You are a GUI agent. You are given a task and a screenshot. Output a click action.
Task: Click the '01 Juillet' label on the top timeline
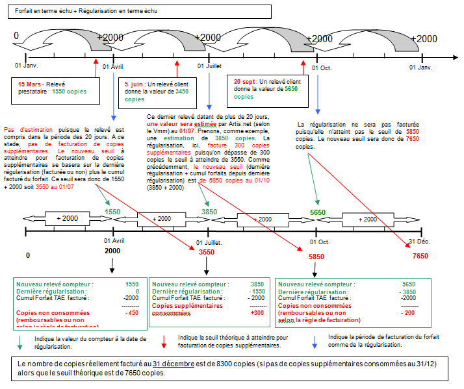pos(213,66)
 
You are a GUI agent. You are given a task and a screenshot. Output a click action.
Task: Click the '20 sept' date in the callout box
pos(245,81)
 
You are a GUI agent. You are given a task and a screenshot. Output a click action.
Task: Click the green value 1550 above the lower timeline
pos(113,212)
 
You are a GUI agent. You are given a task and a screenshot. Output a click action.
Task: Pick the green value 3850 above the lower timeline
pos(209,212)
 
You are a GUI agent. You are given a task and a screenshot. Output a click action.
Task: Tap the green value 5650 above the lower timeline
pos(318,212)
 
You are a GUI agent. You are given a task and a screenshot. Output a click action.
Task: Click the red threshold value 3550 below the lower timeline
pos(207,252)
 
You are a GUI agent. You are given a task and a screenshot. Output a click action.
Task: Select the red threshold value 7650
pos(420,257)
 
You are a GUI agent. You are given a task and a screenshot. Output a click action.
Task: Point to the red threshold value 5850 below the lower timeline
pos(316,257)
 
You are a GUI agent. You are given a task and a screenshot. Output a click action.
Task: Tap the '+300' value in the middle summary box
pos(259,312)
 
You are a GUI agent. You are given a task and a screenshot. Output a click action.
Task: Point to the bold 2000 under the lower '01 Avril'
pos(112,251)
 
